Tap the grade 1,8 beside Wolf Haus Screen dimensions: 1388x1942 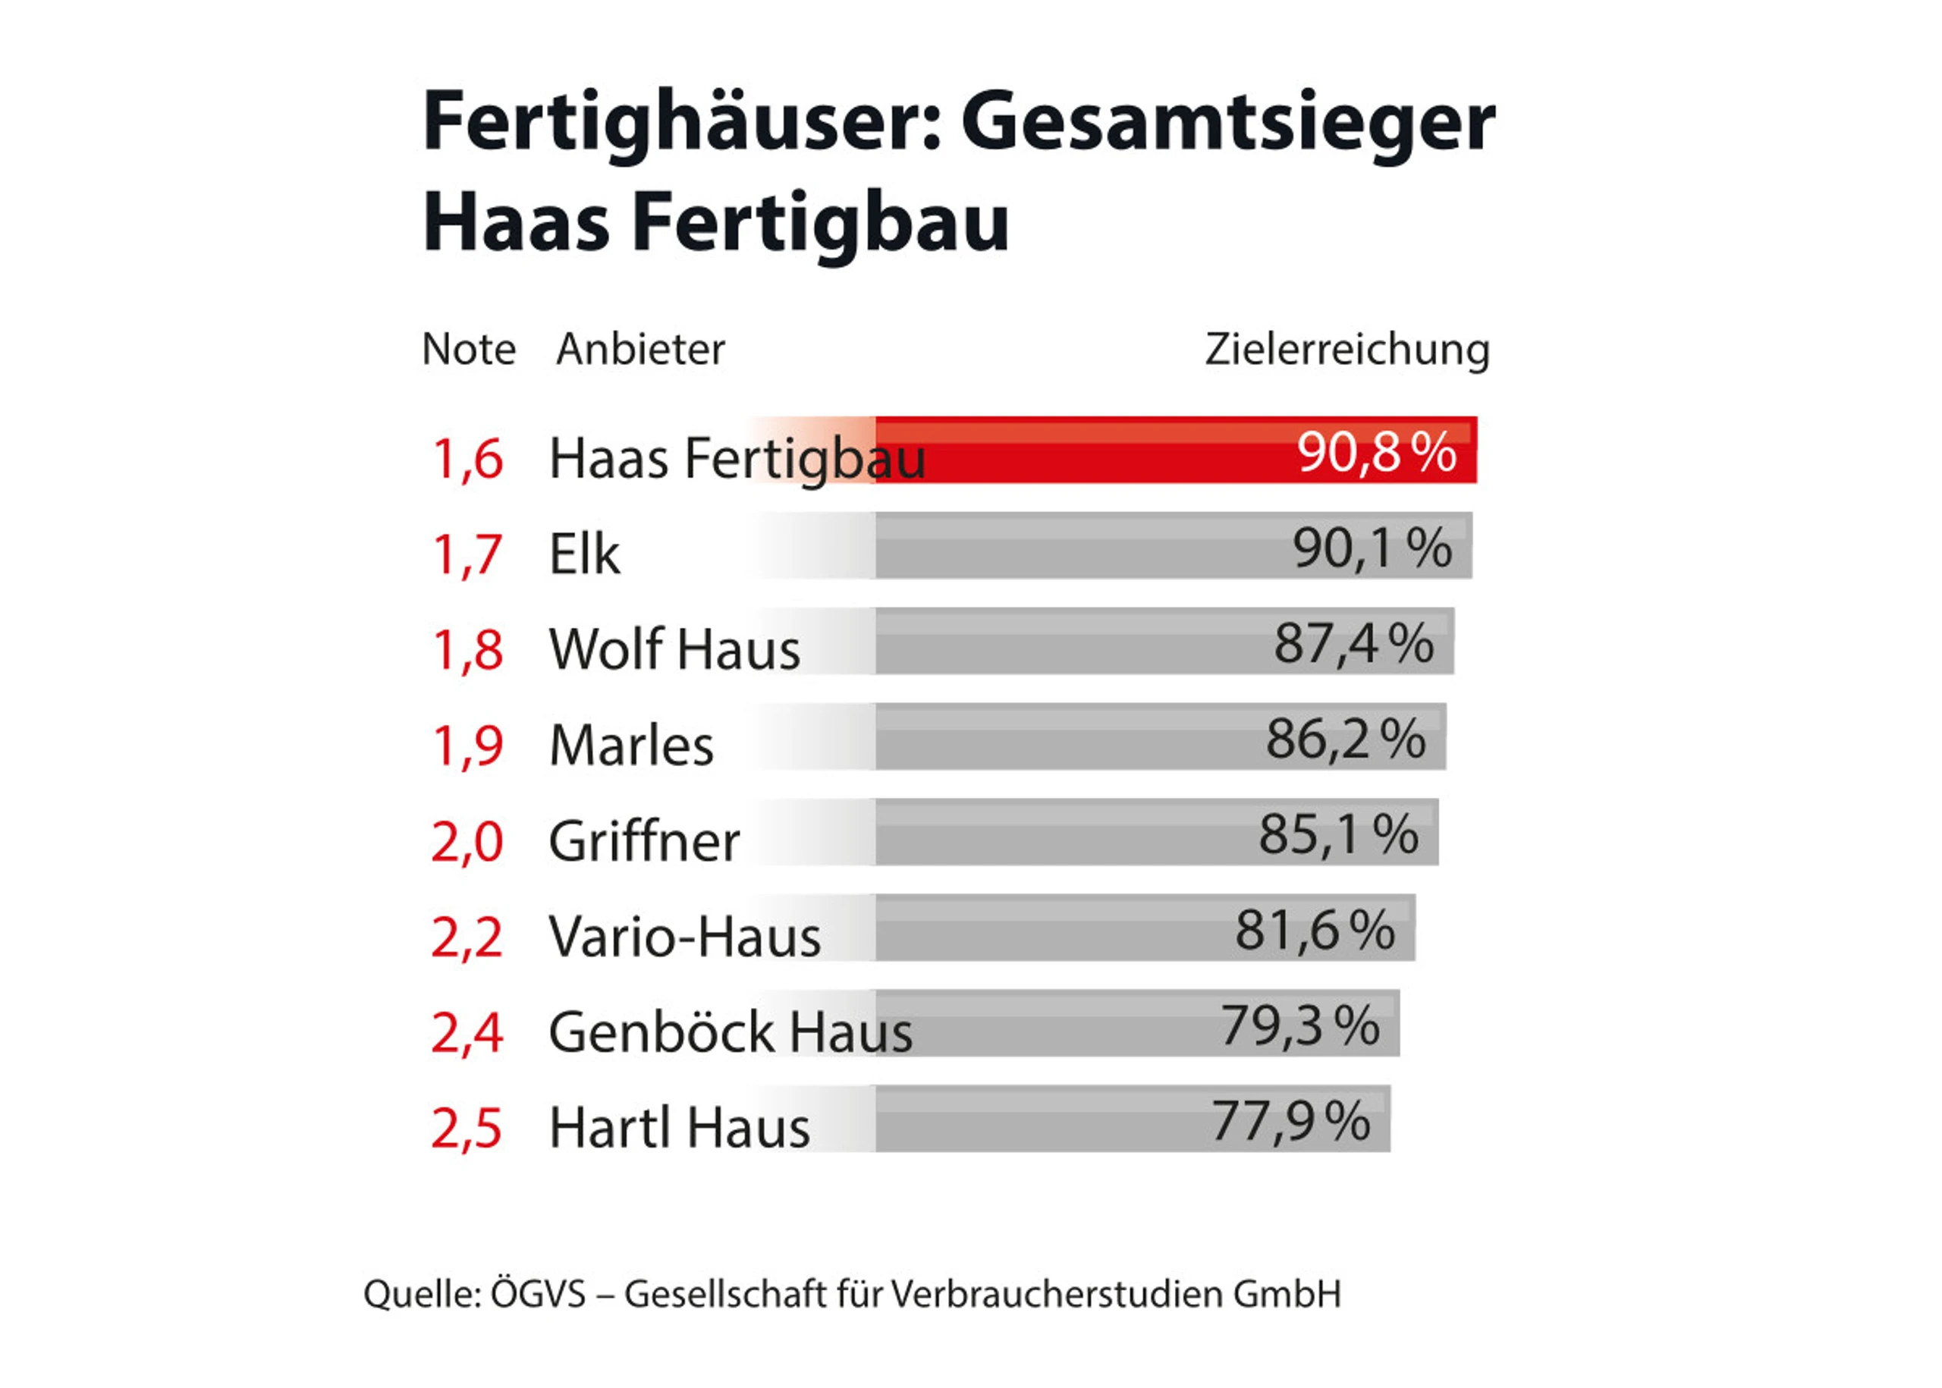pyautogui.click(x=467, y=648)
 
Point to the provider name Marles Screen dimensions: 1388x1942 pyautogui.click(x=631, y=746)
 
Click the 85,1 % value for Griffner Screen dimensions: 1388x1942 pyautogui.click(x=1337, y=834)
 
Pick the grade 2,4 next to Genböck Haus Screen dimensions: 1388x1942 pyautogui.click(x=467, y=1032)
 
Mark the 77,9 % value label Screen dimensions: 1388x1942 pyautogui.click(x=1290, y=1120)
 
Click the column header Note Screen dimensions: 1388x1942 pyautogui.click(x=468, y=349)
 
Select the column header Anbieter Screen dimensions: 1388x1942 pyautogui.click(x=640, y=349)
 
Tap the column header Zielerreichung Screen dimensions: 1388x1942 pyautogui.click(x=1347, y=349)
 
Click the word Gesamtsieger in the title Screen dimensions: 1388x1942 pyautogui.click(x=1227, y=122)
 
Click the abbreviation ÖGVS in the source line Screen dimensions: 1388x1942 pyautogui.click(x=538, y=1294)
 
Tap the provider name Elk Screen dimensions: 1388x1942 pyautogui.click(x=584, y=554)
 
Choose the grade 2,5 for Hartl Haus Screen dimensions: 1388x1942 pyautogui.click(x=467, y=1127)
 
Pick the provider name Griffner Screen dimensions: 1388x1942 pyautogui.click(x=643, y=841)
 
